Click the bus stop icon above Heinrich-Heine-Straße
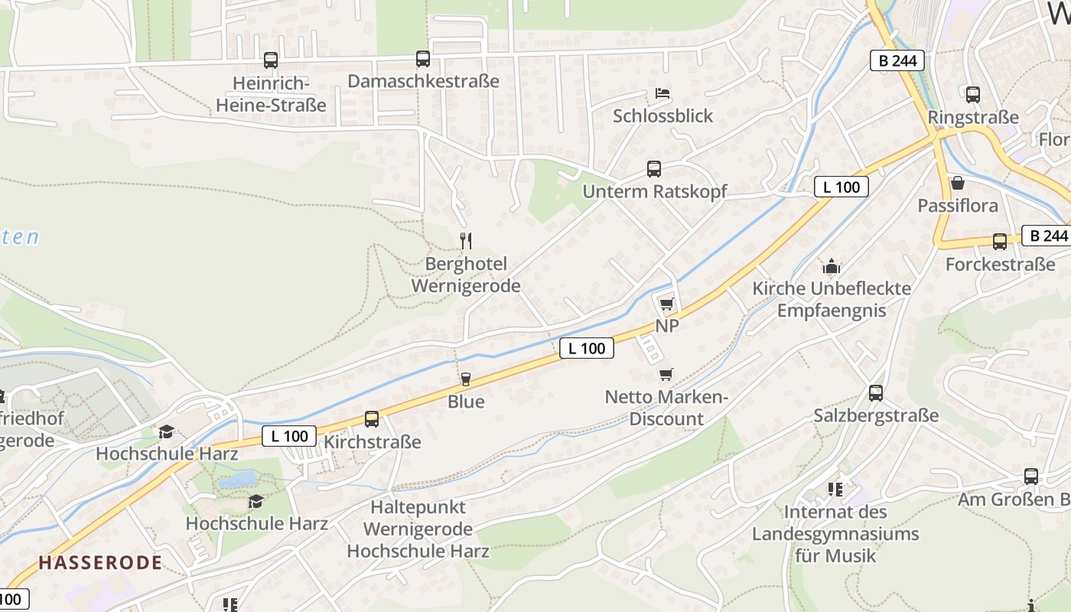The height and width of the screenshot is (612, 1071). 271,60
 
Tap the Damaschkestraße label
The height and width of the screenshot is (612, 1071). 423,81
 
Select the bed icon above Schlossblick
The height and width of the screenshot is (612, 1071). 662,93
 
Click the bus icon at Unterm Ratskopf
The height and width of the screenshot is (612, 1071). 653,169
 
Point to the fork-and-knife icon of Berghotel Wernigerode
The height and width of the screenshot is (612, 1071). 465,241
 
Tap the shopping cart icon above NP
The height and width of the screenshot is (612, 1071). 667,304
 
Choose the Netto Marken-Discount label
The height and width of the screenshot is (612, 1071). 666,408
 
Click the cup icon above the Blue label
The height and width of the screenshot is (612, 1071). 465,379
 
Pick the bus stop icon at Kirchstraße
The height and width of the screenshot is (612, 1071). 372,418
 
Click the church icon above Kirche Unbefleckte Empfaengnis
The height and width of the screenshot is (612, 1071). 832,266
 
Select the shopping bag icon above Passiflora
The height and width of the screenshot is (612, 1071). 957,183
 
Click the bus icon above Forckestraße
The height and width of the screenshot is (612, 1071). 999,242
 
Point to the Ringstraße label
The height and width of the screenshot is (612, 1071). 973,117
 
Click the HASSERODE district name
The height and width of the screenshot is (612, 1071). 100,563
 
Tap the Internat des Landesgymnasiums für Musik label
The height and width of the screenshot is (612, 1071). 835,533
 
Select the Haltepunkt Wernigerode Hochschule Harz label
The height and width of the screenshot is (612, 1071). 418,529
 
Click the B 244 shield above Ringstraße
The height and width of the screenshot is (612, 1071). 897,60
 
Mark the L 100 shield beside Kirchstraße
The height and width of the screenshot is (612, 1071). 289,436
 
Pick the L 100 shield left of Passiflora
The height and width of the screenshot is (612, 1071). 841,187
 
